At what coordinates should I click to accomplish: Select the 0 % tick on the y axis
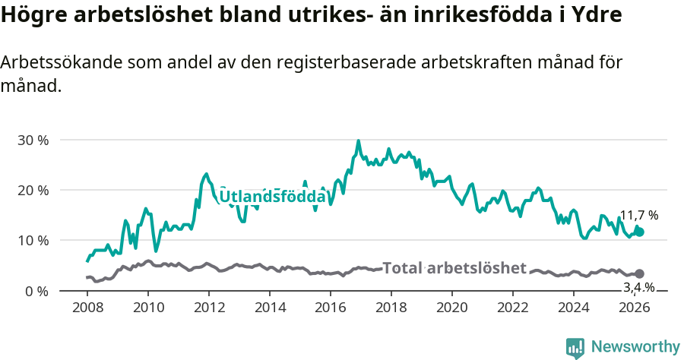coord(39,291)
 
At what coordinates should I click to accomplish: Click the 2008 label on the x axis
coord(87,308)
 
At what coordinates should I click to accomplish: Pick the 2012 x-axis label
coord(208,308)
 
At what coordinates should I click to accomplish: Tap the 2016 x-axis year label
coord(331,308)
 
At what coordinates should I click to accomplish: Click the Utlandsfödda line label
coord(272,197)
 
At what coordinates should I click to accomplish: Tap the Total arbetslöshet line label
coord(454,268)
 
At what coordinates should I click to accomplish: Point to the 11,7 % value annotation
coord(638,216)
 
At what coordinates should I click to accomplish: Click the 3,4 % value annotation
coord(638,287)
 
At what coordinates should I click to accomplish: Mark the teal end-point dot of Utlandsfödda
coord(639,232)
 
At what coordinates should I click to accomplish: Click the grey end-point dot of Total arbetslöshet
coord(639,273)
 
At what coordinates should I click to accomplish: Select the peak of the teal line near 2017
coord(359,141)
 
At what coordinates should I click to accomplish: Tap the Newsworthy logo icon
coord(575,348)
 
